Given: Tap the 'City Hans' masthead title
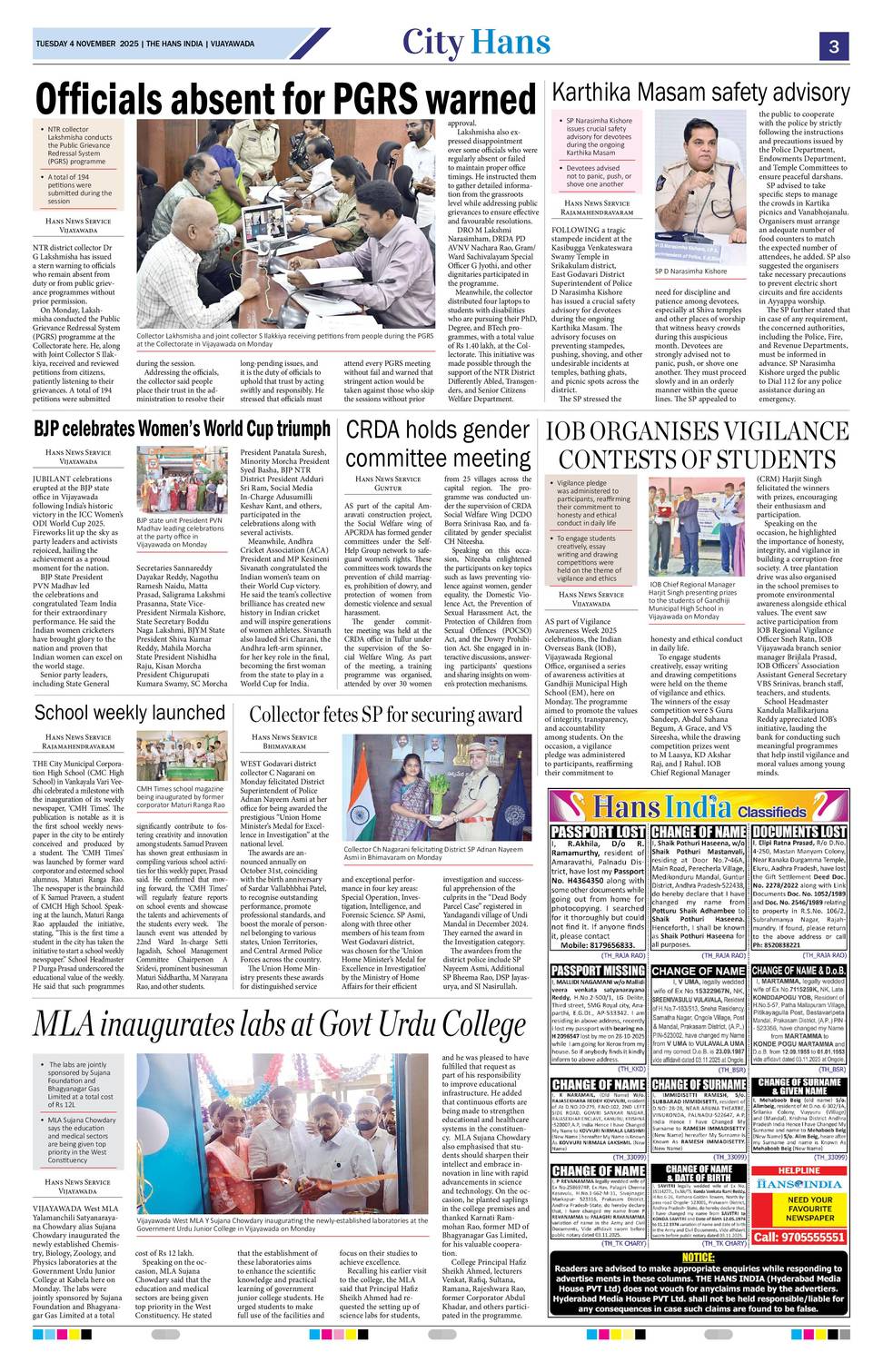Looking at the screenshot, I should [476, 42].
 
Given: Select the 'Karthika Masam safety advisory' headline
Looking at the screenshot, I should [700, 92].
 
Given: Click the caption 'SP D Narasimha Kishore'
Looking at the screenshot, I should [691, 271].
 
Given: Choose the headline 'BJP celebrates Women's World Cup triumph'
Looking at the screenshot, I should [182, 428].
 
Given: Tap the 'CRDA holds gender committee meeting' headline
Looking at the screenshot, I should [438, 444].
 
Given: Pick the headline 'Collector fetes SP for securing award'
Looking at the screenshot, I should [388, 715].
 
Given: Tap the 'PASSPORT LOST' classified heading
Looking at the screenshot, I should [598, 831].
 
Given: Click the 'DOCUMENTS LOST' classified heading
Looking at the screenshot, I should [799, 831].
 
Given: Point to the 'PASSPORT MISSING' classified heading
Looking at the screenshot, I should [598, 971].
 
